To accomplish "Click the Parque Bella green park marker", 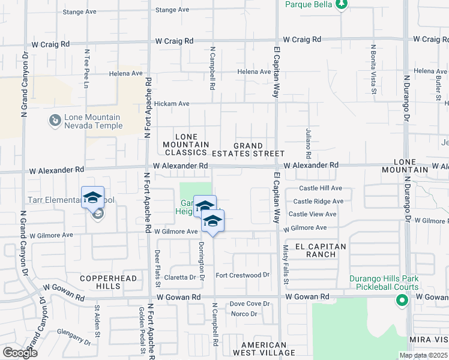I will (x=342, y=5).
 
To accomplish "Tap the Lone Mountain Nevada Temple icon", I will (x=55, y=121).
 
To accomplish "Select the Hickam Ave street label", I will (x=172, y=104).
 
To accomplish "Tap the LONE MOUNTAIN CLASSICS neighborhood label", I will (x=186, y=145).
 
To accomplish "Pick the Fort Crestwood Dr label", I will (x=243, y=275).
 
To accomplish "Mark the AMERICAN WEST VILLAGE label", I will (x=264, y=349).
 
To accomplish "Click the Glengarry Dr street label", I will (x=72, y=337).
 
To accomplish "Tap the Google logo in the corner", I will (x=19, y=353).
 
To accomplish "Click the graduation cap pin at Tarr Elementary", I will (x=93, y=198).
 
